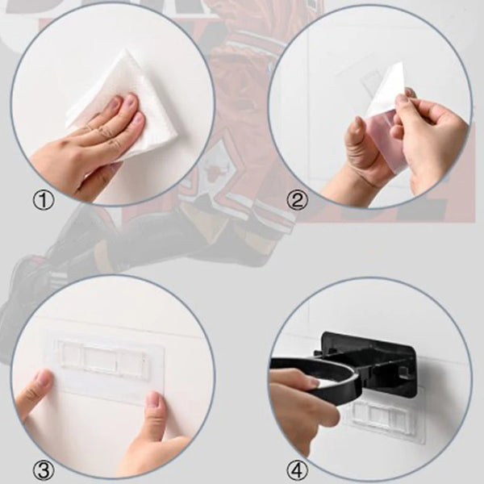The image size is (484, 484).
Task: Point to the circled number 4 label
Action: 298,467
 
